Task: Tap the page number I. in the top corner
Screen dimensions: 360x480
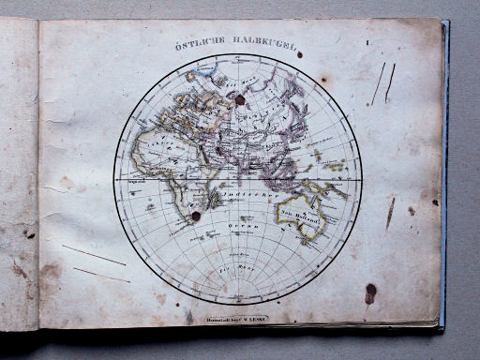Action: click(x=368, y=42)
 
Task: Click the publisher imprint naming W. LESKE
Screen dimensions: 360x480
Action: click(x=238, y=319)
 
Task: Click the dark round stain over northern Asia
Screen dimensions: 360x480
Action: click(x=239, y=99)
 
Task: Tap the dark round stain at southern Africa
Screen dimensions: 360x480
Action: click(x=196, y=217)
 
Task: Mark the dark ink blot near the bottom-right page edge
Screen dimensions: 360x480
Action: click(x=370, y=292)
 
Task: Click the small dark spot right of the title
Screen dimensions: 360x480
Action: click(x=299, y=54)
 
